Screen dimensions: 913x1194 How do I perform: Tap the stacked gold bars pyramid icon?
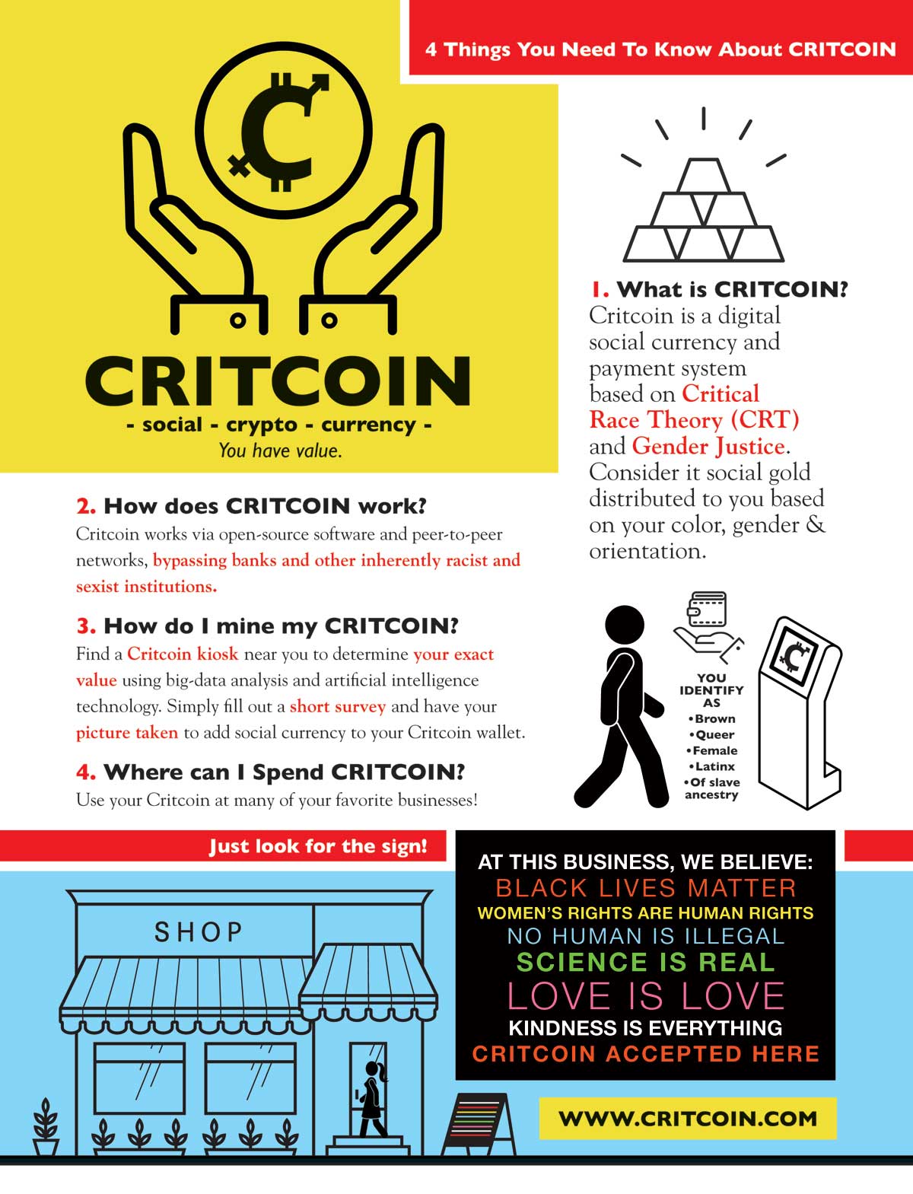[x=703, y=210]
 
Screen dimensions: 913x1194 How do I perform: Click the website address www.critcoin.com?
[x=688, y=1118]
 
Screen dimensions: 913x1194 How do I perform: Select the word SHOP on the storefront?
[x=198, y=931]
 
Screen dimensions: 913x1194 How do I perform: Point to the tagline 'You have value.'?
[x=280, y=451]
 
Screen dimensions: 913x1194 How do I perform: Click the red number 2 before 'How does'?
[x=85, y=506]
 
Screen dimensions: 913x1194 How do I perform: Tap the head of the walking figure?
[x=624, y=625]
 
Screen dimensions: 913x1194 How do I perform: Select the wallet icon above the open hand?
[x=707, y=610]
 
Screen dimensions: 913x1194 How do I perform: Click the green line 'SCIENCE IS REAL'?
[x=645, y=962]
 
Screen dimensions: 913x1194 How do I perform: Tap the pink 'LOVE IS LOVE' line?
[x=645, y=996]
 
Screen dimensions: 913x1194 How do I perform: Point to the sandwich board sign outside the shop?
[x=479, y=1122]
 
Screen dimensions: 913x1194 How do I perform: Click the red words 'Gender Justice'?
[x=708, y=446]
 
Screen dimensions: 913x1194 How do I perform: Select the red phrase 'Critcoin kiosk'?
[x=183, y=653]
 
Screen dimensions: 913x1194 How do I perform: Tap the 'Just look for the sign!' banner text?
[x=318, y=846]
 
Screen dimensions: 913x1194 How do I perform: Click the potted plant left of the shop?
[x=46, y=1126]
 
